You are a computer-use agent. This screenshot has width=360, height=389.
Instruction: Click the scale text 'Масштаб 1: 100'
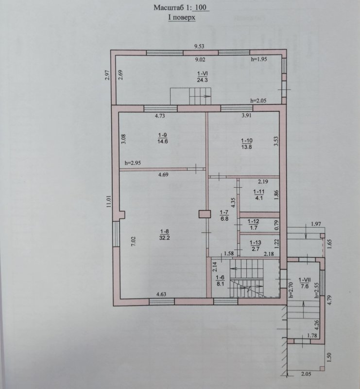(x=182, y=7)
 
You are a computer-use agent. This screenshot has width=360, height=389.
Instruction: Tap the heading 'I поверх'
(x=182, y=18)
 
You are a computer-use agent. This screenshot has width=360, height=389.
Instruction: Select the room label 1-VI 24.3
(x=202, y=77)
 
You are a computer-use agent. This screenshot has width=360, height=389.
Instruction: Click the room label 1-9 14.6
(x=163, y=138)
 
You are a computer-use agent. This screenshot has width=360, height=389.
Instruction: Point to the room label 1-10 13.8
(x=247, y=143)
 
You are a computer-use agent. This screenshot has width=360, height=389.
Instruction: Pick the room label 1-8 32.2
(x=165, y=235)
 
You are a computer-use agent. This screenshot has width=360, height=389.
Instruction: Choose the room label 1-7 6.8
(x=224, y=215)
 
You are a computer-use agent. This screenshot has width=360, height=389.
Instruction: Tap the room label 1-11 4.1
(x=259, y=195)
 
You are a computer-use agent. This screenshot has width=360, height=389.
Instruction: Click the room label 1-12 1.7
(x=254, y=225)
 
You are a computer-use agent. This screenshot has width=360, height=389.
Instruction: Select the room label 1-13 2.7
(x=256, y=246)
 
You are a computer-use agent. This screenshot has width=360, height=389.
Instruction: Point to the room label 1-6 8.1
(x=220, y=281)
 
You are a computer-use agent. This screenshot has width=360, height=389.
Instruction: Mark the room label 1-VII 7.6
(x=304, y=283)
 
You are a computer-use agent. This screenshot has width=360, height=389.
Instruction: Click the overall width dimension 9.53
(x=199, y=46)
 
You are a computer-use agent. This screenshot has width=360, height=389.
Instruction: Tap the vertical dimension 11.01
(x=109, y=201)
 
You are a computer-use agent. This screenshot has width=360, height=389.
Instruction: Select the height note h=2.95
(x=133, y=163)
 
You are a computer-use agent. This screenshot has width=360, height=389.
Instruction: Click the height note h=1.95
(x=259, y=59)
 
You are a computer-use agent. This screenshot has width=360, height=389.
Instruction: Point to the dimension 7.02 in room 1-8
(x=133, y=241)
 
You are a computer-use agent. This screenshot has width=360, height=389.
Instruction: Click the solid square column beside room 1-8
(x=205, y=214)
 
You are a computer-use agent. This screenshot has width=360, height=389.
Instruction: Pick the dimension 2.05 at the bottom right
(x=306, y=374)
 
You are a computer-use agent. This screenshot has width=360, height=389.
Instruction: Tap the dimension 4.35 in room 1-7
(x=233, y=202)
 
